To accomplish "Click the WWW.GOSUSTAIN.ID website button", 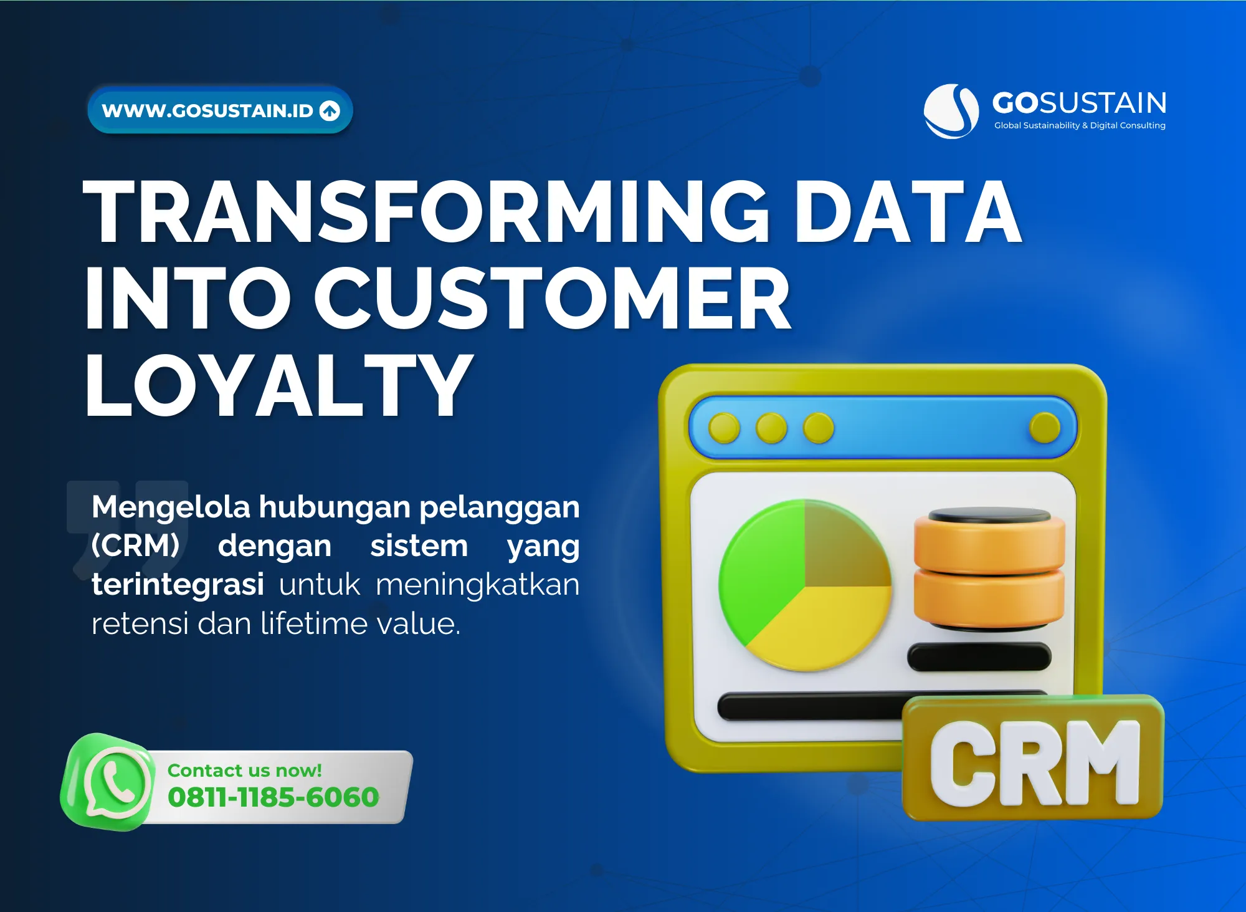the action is tap(220, 110).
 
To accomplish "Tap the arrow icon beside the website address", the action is tap(330, 110).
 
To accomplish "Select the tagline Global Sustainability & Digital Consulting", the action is tap(1080, 125).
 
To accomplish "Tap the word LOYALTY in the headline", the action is tap(278, 384).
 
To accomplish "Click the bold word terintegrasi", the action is tap(178, 584).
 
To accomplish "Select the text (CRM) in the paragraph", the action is tap(135, 545).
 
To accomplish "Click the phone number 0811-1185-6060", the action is tap(273, 797).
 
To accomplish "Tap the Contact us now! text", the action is tap(245, 770).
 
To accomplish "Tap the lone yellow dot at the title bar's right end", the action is tap(1045, 428).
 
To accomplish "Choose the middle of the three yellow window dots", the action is tap(771, 428).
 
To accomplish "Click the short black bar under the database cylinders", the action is tap(979, 657).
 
